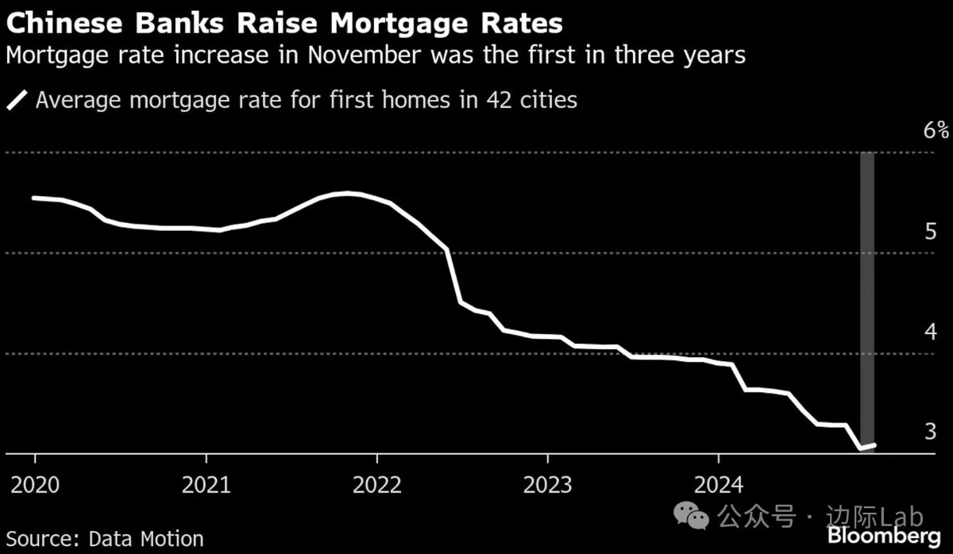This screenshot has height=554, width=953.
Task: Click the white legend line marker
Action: coord(17,101)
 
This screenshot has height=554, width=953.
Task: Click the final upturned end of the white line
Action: coord(874,445)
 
